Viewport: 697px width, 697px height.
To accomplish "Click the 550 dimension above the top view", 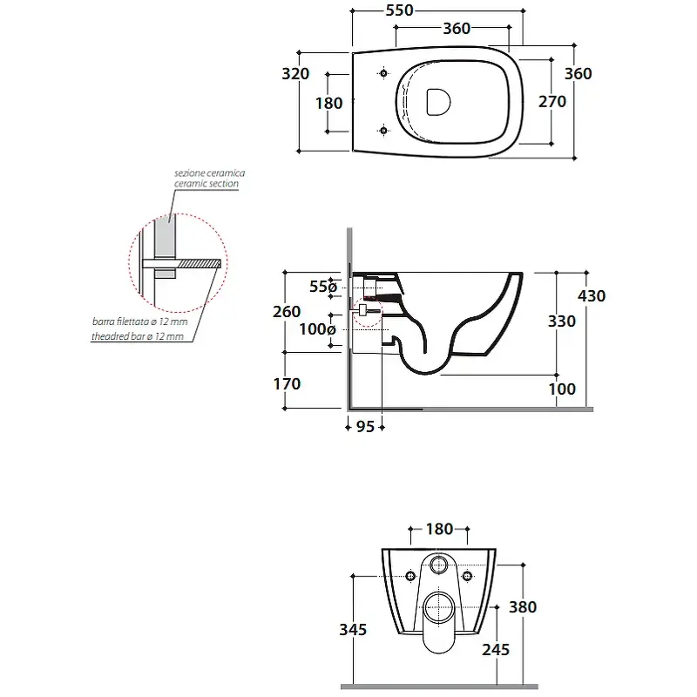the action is [x=400, y=10].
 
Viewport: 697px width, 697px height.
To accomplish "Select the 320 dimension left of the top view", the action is [x=295, y=73].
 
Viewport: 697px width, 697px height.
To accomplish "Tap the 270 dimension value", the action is [x=552, y=102].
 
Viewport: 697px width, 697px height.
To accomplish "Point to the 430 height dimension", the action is [x=592, y=295].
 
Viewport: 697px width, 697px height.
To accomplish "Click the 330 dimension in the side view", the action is [x=562, y=321].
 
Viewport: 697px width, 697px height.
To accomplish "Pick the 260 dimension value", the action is [x=287, y=312].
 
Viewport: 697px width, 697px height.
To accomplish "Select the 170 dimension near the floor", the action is [x=288, y=383].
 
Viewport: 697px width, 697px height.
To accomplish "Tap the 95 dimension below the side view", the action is [x=365, y=427].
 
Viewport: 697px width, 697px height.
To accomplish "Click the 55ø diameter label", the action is [x=323, y=287].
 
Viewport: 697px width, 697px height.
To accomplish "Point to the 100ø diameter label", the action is [x=317, y=329].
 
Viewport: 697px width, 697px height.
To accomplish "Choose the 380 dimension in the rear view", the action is [x=523, y=606].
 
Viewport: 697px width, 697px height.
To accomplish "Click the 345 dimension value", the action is [x=353, y=629].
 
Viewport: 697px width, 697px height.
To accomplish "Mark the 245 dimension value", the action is [x=496, y=650].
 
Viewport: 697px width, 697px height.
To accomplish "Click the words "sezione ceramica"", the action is [x=209, y=173].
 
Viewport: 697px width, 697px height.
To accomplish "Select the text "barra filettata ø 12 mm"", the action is [x=140, y=321].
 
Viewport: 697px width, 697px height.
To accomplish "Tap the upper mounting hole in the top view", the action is [x=383, y=73].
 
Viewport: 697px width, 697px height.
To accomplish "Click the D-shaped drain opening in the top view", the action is [x=438, y=102].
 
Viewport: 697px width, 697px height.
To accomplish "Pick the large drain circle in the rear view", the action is [x=439, y=607].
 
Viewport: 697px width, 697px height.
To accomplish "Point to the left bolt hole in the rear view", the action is [x=410, y=576].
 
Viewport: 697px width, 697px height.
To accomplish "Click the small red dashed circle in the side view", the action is [x=367, y=311].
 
